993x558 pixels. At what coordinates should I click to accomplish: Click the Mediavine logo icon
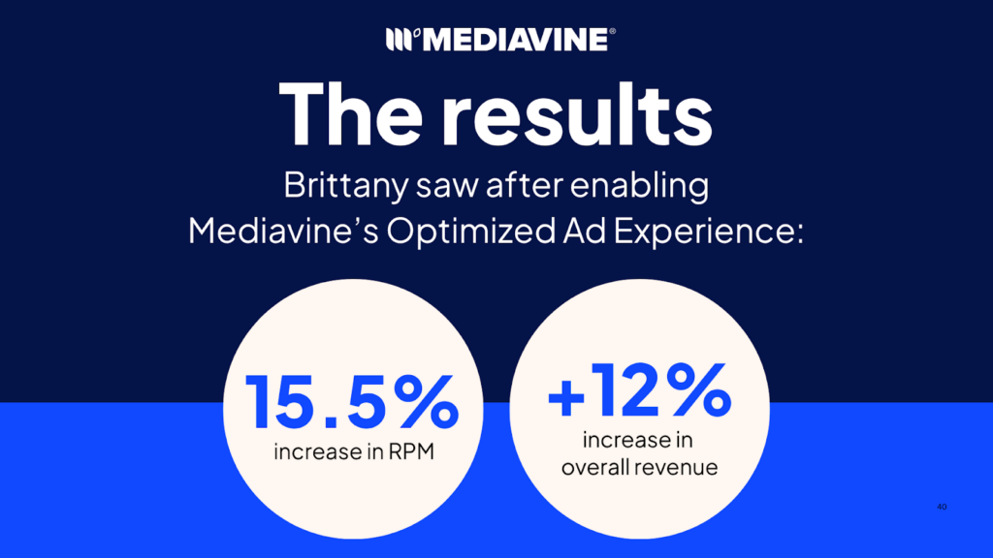coord(400,40)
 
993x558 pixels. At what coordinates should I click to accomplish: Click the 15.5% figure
coord(351,402)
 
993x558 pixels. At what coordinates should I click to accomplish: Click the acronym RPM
coord(407,451)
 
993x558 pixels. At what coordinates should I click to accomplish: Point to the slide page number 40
coord(942,507)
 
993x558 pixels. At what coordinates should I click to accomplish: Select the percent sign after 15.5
coord(425,402)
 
